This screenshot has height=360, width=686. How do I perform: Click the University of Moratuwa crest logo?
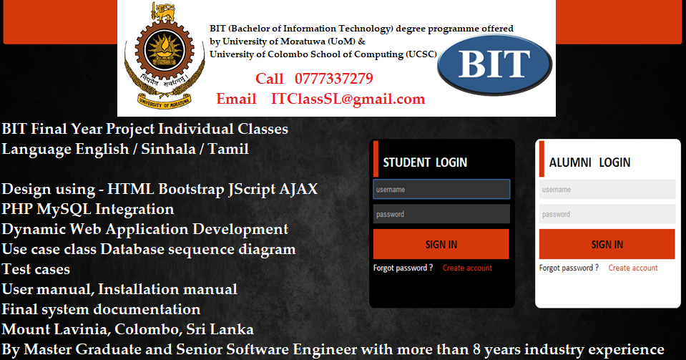click(160, 58)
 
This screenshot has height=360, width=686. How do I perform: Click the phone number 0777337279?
click(333, 79)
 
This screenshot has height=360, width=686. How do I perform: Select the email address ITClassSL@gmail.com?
click(348, 99)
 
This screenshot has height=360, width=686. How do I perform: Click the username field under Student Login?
click(441, 190)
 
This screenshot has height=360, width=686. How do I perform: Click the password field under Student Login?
click(441, 214)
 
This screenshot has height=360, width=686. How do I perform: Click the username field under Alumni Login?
click(607, 190)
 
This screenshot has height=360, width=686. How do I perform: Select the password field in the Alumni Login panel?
click(607, 214)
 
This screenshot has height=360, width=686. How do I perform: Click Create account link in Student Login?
click(467, 268)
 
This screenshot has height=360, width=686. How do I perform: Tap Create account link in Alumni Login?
click(633, 268)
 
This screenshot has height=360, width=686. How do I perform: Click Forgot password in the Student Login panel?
click(403, 268)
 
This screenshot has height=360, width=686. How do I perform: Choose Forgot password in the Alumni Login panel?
click(569, 268)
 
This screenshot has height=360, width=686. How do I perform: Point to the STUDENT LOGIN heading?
click(425, 162)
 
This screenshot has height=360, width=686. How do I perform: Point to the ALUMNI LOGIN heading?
click(589, 162)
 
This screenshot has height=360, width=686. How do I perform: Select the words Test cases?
click(36, 270)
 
